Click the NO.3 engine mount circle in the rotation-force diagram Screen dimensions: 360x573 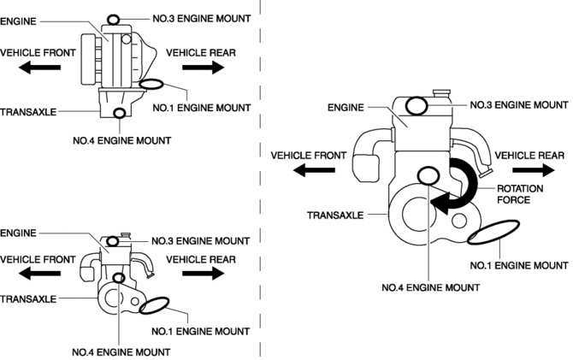(x=417, y=106)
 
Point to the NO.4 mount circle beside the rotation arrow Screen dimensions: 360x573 (x=428, y=176)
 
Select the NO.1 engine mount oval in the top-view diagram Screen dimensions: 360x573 (x=152, y=84)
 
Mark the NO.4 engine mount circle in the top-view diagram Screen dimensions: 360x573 (x=120, y=113)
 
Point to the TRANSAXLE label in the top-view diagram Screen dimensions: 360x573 (x=28, y=111)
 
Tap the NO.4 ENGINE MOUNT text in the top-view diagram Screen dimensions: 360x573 (x=121, y=139)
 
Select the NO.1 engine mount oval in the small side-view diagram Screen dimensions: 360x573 (x=157, y=306)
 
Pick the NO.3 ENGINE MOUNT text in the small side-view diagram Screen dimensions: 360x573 (x=201, y=241)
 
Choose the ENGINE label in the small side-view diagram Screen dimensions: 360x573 (x=17, y=233)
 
